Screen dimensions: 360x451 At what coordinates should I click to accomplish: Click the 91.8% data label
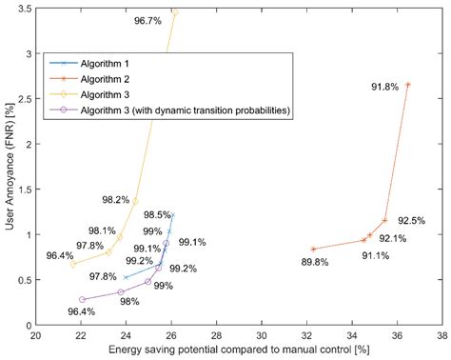click(x=384, y=88)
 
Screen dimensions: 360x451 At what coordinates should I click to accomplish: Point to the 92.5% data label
click(x=411, y=220)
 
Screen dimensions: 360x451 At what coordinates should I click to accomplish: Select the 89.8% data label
click(x=314, y=262)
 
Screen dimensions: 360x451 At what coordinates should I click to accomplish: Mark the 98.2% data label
click(x=115, y=200)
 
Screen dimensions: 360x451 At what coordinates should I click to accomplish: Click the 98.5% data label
click(x=158, y=214)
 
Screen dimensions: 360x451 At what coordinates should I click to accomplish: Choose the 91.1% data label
click(x=374, y=255)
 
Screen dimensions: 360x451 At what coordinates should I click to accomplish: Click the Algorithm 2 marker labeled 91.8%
click(x=407, y=85)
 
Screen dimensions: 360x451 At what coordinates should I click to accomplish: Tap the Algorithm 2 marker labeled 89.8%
click(x=314, y=250)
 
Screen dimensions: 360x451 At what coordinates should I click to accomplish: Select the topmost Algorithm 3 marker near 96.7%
click(x=174, y=12)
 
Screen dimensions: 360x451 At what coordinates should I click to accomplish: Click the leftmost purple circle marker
click(x=82, y=300)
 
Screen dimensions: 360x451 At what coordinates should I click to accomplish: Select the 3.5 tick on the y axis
click(x=24, y=9)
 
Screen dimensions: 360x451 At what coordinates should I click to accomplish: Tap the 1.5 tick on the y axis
click(x=24, y=190)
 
